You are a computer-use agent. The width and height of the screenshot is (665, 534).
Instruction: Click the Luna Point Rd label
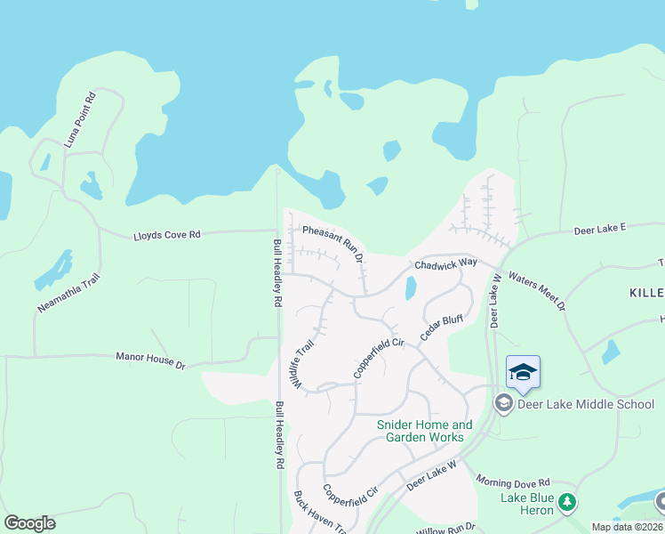[x=78, y=119]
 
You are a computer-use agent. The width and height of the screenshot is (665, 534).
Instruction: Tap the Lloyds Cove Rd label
[x=167, y=234]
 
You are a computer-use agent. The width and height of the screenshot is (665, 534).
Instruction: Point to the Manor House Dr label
[x=149, y=360]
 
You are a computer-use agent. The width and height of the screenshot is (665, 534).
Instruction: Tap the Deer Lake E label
[x=600, y=228]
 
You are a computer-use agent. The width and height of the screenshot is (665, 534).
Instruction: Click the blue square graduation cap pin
[x=523, y=371]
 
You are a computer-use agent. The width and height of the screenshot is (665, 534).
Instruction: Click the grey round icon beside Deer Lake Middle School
[x=503, y=404]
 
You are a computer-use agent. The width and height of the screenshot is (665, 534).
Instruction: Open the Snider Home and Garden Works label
[x=425, y=431]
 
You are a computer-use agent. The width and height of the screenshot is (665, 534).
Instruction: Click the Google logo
[x=29, y=522]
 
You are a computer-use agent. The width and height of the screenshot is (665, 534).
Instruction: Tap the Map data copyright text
[x=627, y=527]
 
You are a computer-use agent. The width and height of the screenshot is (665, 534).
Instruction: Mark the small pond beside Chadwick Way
[x=410, y=288]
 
